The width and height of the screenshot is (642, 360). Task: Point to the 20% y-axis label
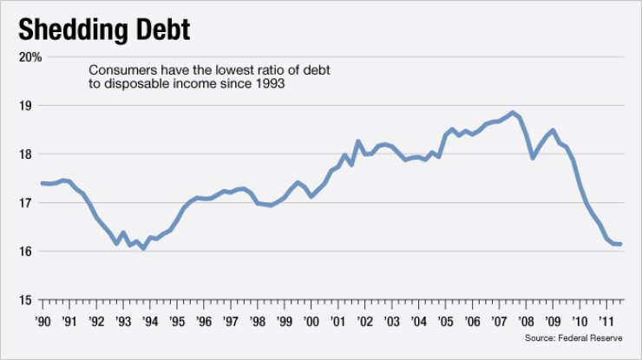pos(30,57)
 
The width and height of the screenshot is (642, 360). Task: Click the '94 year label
pos(149,320)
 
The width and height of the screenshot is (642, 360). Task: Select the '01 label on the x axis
pos(337,320)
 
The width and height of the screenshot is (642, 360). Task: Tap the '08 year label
pos(526,320)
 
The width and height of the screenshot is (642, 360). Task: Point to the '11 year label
pos(606,320)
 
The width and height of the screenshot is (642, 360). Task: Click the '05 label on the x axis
pos(445,320)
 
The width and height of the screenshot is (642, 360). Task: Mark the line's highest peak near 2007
pos(513,113)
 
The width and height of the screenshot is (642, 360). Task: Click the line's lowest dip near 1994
pos(143,248)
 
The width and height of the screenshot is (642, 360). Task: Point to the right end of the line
pos(621,244)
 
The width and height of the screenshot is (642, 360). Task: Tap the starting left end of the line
pos(42,183)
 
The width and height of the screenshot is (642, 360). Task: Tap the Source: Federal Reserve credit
pos(580,337)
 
